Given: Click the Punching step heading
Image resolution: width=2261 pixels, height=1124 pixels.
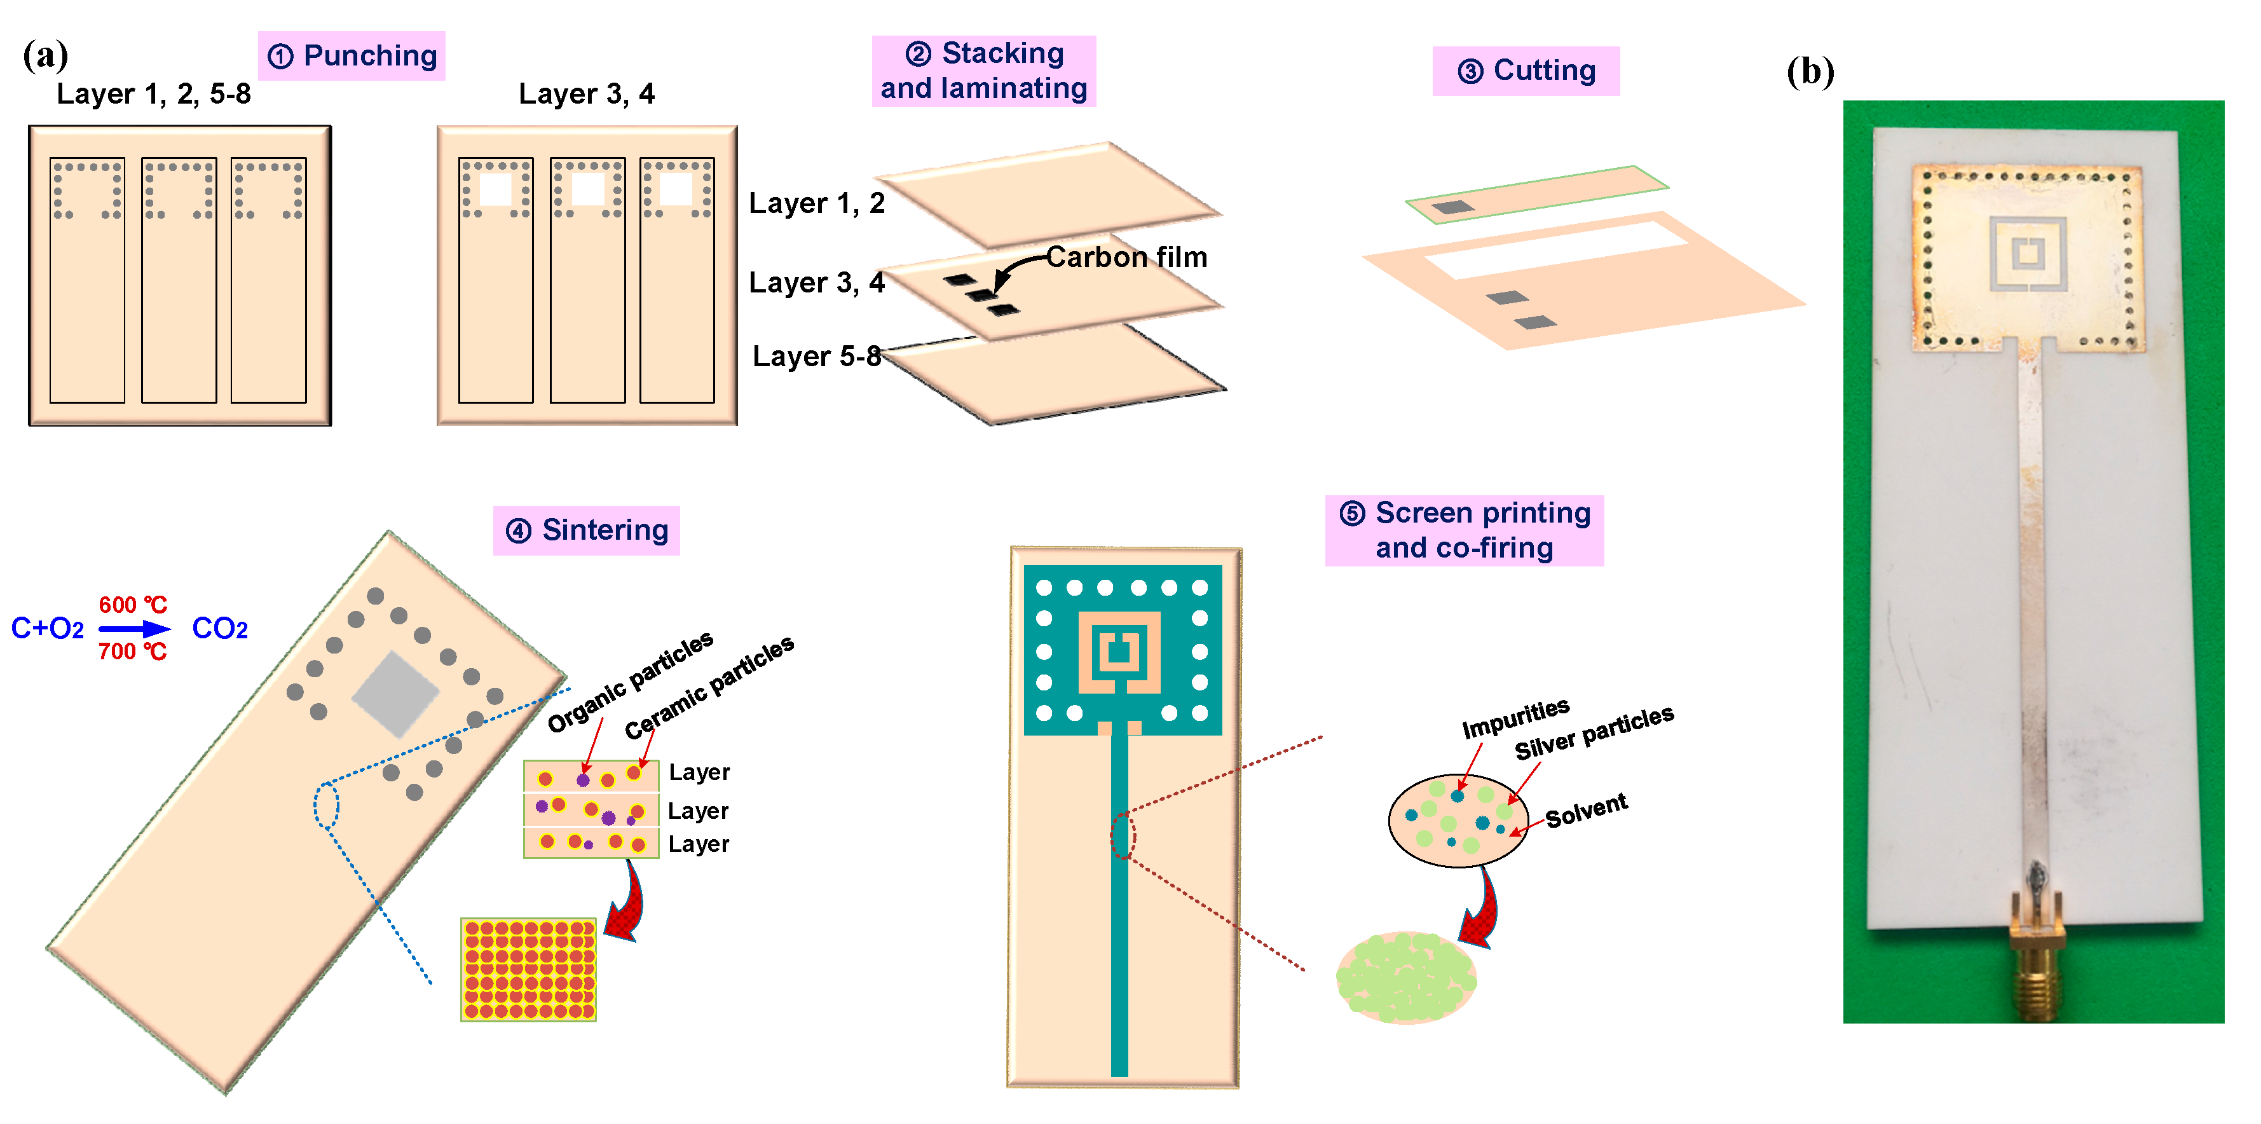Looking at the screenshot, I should coord(352,56).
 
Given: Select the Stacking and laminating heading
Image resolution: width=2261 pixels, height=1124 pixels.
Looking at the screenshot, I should coord(983,71).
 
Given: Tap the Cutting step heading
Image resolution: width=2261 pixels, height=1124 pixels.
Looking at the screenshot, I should coord(1526,70).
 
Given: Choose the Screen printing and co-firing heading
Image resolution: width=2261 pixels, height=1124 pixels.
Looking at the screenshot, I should coord(1464,530).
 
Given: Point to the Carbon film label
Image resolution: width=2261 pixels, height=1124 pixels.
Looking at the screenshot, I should coord(1126,257).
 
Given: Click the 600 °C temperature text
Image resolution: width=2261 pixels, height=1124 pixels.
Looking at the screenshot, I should coord(133,605).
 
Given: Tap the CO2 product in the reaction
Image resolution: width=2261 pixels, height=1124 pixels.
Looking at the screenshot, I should coord(219,629).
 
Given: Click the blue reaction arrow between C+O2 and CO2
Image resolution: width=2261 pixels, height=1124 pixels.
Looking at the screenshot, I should coord(133,629).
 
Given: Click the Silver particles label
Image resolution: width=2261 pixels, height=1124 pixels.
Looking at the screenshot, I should coord(1594,732).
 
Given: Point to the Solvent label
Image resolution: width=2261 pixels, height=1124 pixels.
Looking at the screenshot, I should coord(1586,811).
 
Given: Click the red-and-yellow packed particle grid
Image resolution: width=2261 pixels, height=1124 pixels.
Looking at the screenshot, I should coord(528,970).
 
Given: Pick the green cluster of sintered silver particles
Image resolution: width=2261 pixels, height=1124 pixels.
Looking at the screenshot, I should coord(1406,977).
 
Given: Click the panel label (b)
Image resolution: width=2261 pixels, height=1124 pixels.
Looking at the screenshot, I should coord(1810,72).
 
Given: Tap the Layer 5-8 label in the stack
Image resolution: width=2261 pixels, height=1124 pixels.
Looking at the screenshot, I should coord(816,357).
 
